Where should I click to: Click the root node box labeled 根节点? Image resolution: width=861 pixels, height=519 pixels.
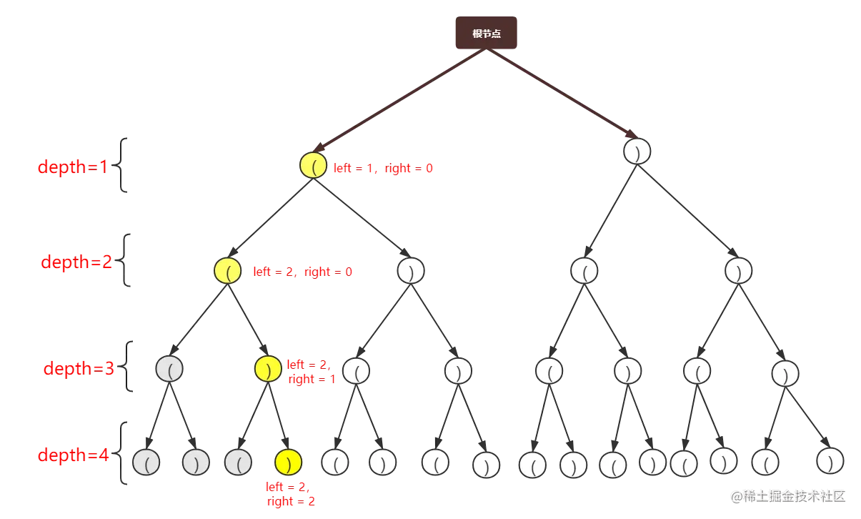click(x=486, y=34)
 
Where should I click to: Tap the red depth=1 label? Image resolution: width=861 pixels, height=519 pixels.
click(x=71, y=167)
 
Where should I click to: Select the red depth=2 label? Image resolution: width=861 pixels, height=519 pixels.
click(x=76, y=262)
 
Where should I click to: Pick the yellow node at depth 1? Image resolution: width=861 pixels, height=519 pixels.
click(x=313, y=166)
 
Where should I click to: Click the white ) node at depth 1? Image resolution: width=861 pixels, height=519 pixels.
click(x=637, y=152)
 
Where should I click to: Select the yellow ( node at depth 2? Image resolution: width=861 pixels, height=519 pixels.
click(x=227, y=271)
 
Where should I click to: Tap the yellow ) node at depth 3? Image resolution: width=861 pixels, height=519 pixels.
click(x=267, y=368)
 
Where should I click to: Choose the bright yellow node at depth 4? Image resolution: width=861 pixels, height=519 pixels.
click(x=288, y=462)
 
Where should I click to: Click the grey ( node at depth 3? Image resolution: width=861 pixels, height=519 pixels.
click(x=169, y=368)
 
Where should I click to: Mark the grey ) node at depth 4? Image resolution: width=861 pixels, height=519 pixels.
click(x=195, y=463)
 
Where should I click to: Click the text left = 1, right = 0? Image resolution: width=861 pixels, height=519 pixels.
click(x=383, y=169)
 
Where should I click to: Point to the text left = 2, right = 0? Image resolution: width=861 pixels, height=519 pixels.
click(x=303, y=272)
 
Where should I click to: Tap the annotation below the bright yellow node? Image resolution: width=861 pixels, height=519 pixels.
click(x=290, y=495)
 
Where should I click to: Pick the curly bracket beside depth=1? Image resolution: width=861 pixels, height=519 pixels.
click(x=124, y=166)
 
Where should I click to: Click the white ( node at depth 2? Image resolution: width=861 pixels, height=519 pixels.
click(x=584, y=271)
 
